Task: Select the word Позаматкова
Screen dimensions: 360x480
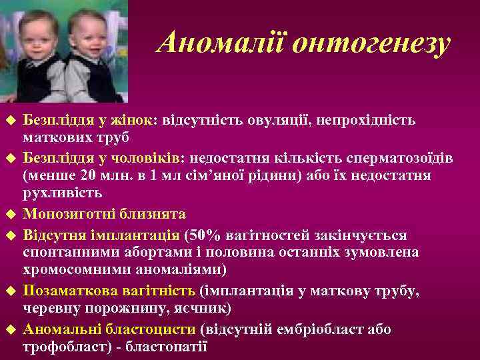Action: pyautogui.click(x=67, y=291)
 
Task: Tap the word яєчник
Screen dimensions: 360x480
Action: pyautogui.click(x=203, y=309)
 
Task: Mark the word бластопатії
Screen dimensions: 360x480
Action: pyautogui.click(x=167, y=347)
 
